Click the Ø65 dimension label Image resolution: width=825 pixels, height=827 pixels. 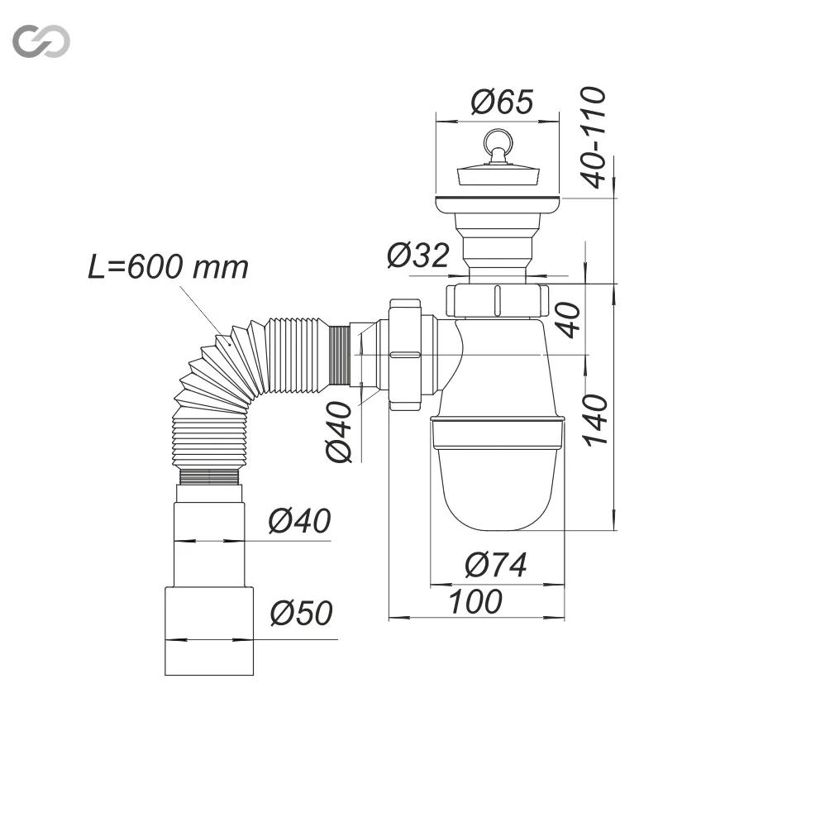pos(502,102)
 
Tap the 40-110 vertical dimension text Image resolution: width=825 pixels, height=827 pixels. pos(593,137)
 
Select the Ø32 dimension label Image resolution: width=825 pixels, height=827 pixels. pos(417,255)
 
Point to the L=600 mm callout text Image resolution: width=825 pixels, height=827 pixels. pos(168,267)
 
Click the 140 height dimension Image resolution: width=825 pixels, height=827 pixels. pos(596,420)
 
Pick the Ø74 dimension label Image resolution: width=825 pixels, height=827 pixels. pos(495,565)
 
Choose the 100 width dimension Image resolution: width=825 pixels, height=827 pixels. pos(475,602)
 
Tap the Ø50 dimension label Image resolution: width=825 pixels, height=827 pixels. pos(301,613)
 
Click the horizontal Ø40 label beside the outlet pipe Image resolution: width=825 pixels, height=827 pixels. pos(299,520)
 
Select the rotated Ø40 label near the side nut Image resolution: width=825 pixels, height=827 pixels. pos(339,432)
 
